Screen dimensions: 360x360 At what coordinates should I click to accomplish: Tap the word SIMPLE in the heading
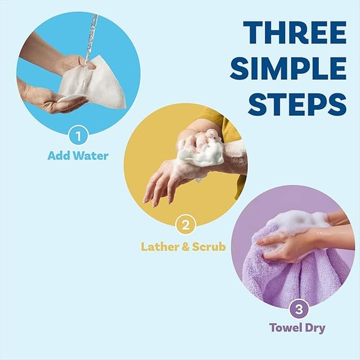[289, 68]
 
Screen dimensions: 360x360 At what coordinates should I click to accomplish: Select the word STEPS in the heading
[297, 103]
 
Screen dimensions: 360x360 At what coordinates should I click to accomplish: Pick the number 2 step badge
[185, 226]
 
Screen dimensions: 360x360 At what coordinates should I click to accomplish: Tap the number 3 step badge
[298, 309]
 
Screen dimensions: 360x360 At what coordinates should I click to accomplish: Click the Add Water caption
[78, 156]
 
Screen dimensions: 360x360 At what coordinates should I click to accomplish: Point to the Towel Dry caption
[298, 328]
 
